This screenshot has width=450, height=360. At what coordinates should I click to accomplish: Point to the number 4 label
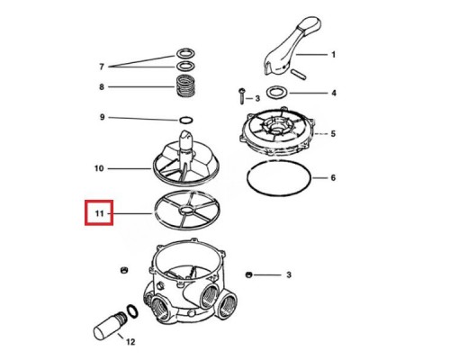(x=332, y=92)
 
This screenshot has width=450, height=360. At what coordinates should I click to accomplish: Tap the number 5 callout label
(x=332, y=133)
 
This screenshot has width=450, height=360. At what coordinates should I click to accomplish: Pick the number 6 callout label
(x=332, y=177)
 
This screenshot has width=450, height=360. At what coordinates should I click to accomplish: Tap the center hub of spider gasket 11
(x=184, y=212)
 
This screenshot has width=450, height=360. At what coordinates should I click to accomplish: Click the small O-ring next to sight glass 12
(x=132, y=310)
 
